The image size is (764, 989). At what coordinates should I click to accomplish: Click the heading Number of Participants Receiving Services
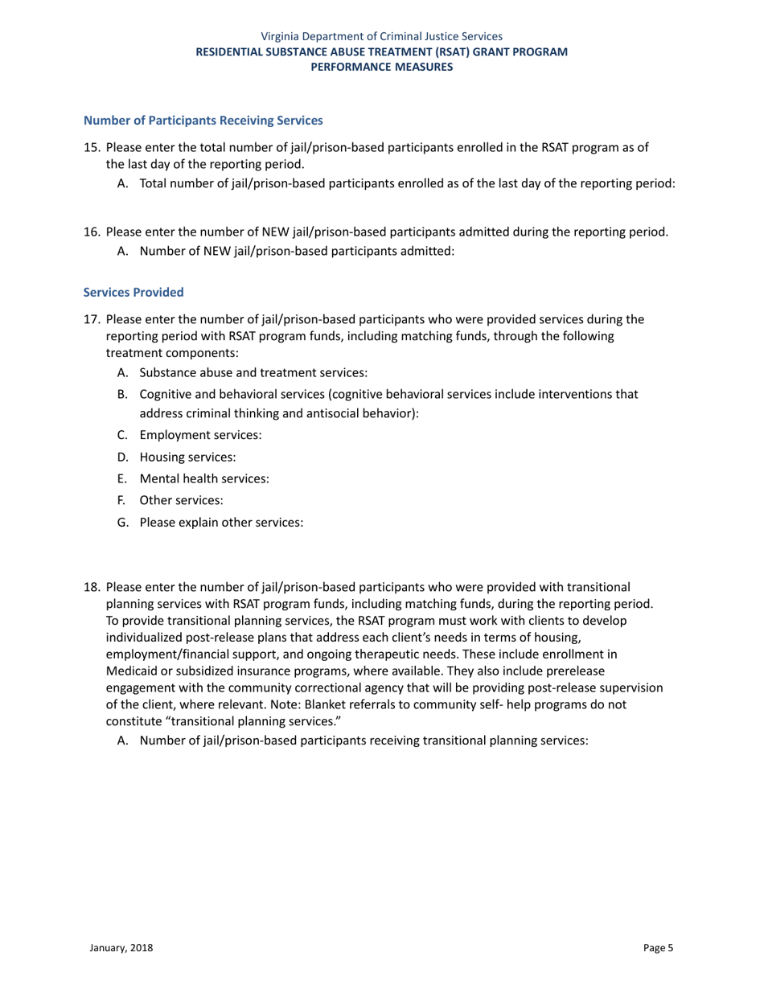(x=203, y=121)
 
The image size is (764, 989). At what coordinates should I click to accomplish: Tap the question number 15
(x=92, y=148)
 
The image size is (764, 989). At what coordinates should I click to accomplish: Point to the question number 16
(x=92, y=233)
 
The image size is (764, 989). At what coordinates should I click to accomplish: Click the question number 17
(x=92, y=319)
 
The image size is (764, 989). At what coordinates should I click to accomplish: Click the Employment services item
(x=200, y=435)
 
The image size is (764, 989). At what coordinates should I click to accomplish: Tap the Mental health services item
(x=204, y=478)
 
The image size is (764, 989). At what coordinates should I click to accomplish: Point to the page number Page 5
(x=659, y=948)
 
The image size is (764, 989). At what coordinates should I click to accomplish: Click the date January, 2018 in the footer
(x=121, y=948)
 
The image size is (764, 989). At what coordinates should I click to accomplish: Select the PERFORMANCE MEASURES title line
(x=382, y=67)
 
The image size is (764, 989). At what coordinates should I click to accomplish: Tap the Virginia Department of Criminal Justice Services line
(x=382, y=36)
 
